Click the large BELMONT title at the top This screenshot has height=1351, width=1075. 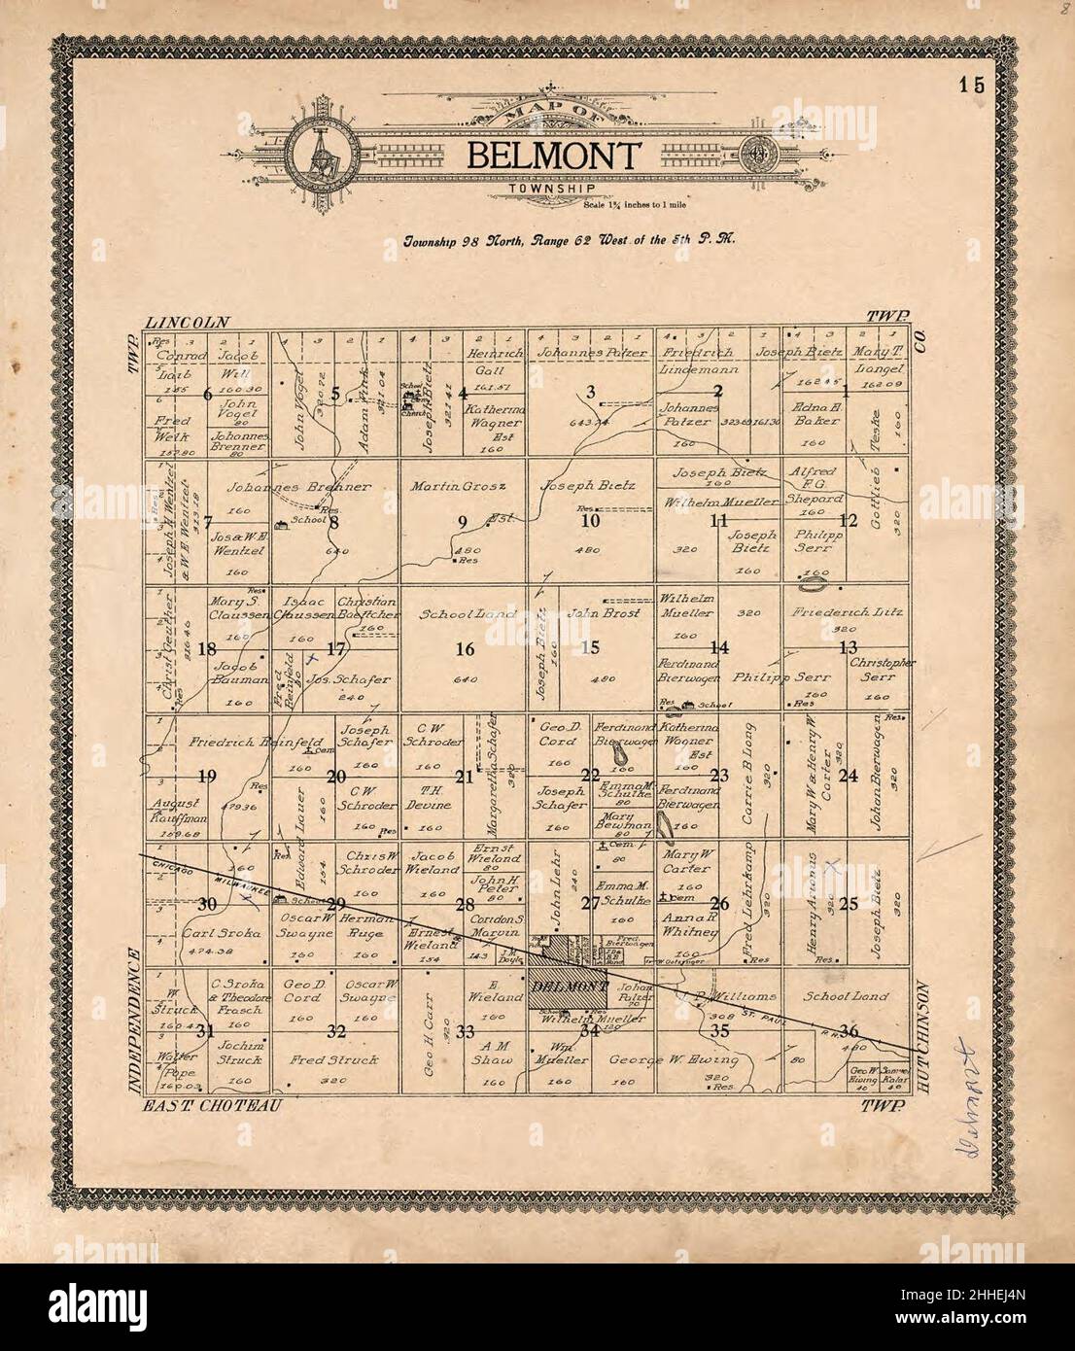click(x=556, y=156)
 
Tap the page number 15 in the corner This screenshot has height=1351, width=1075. click(x=970, y=84)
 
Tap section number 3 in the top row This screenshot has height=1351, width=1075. click(x=590, y=392)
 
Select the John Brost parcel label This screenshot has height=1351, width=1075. click(x=595, y=613)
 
